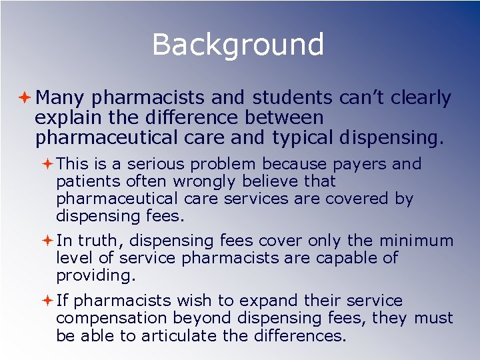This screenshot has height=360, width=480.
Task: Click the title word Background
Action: tap(238, 45)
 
